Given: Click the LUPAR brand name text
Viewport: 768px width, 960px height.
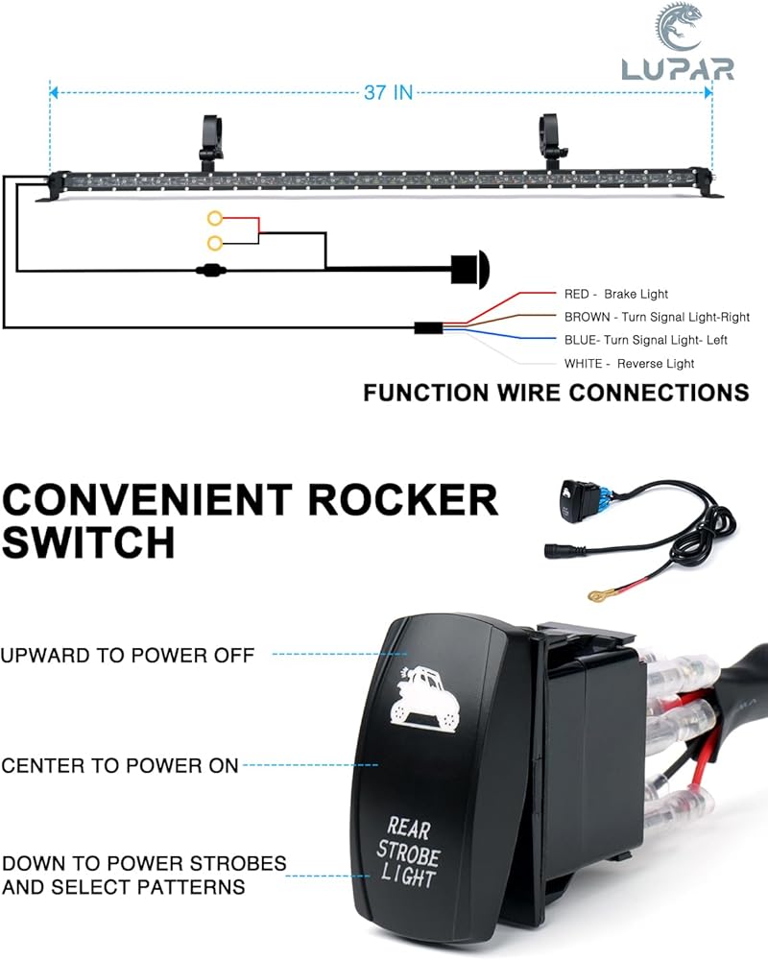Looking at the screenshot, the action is pyautogui.click(x=678, y=68).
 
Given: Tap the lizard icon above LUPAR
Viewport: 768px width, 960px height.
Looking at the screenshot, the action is pyautogui.click(x=678, y=27).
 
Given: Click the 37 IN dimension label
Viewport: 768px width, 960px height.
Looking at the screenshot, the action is pyautogui.click(x=388, y=92).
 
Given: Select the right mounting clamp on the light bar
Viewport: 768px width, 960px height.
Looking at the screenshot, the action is pyautogui.click(x=553, y=142).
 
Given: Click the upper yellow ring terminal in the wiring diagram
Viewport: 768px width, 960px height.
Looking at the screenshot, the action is pyautogui.click(x=214, y=218).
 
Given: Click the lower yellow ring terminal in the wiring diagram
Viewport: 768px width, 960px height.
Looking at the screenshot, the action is pyautogui.click(x=214, y=243).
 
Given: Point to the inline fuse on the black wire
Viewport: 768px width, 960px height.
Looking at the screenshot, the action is pyautogui.click(x=210, y=269).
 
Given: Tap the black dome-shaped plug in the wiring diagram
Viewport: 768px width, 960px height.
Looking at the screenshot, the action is pyautogui.click(x=469, y=268).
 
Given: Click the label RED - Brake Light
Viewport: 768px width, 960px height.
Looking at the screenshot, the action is pyautogui.click(x=616, y=294).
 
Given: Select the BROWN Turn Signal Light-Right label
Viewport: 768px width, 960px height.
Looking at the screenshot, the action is pyautogui.click(x=658, y=317).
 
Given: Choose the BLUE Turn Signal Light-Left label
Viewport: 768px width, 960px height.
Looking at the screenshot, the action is pyautogui.click(x=646, y=340).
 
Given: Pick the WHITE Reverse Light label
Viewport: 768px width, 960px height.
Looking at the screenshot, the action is pyautogui.click(x=629, y=364).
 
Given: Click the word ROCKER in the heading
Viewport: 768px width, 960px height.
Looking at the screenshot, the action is pyautogui.click(x=403, y=500).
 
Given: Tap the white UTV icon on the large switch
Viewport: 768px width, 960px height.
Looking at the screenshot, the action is pyautogui.click(x=423, y=697).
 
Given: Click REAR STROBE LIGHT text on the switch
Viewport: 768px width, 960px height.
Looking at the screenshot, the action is pyautogui.click(x=407, y=852).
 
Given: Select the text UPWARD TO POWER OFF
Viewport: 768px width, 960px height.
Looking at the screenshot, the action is pyautogui.click(x=128, y=655).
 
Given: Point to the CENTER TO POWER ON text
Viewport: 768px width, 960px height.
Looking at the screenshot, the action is pyautogui.click(x=119, y=765).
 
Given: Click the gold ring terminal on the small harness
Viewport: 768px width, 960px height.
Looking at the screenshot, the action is pyautogui.click(x=596, y=594).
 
